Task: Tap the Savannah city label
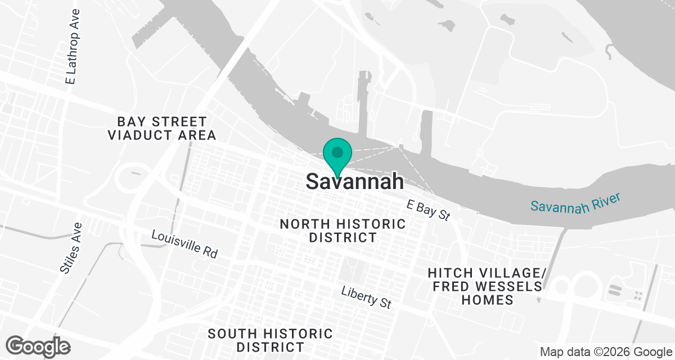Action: click(355, 181)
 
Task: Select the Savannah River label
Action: click(575, 202)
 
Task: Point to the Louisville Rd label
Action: click(184, 244)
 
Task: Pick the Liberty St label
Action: click(366, 296)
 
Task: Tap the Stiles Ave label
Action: click(71, 247)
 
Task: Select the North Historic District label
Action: click(343, 231)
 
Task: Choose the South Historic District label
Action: click(271, 340)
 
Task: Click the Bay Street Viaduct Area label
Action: click(162, 128)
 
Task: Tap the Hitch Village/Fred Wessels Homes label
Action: click(487, 286)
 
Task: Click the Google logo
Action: click(38, 345)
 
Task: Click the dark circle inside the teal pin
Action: click(337, 152)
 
